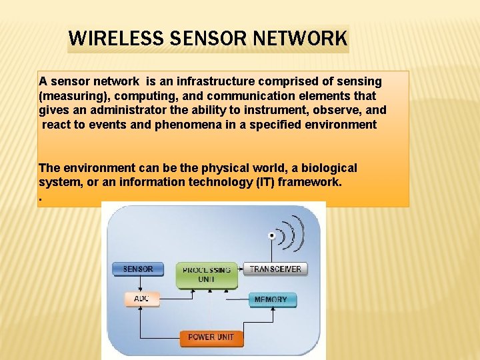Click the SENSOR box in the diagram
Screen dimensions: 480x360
[138, 269]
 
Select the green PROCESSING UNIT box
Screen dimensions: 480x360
[207, 275]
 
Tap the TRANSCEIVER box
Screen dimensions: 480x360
[275, 269]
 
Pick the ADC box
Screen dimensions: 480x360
[141, 299]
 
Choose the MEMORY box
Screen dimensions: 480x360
[271, 300]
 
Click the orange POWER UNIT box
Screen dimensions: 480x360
[211, 337]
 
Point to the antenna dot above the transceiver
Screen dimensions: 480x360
[271, 235]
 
